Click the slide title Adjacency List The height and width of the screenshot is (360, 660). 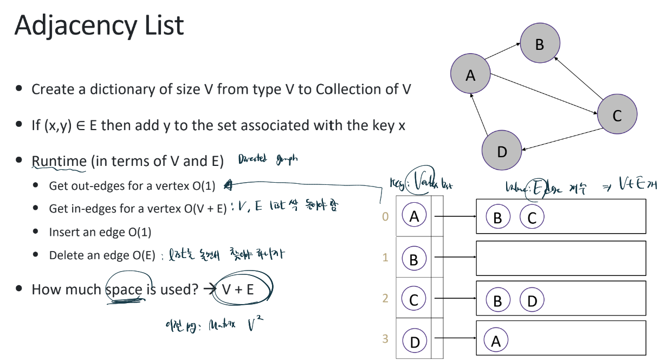point(99,25)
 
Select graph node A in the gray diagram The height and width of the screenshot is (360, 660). point(470,75)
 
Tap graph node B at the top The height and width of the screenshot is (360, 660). point(540,44)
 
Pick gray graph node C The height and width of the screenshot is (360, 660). point(617,115)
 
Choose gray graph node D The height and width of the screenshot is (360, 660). point(502,151)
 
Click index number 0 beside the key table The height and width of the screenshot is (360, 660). point(385,217)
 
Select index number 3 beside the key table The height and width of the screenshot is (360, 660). point(385,339)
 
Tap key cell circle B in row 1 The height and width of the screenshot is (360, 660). point(414,259)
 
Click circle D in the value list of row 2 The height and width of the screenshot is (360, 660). point(532,300)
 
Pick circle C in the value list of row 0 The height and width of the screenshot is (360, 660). point(532,218)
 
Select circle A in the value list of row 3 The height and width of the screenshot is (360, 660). point(496,340)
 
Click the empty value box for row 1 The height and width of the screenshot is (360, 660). point(560,258)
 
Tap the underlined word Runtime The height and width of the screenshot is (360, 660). point(59,162)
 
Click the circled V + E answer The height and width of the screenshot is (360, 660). point(238,289)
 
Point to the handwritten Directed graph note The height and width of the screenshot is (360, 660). point(268,159)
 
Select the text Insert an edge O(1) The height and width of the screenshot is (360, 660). point(100,232)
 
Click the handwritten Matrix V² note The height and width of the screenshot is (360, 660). point(215,326)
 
